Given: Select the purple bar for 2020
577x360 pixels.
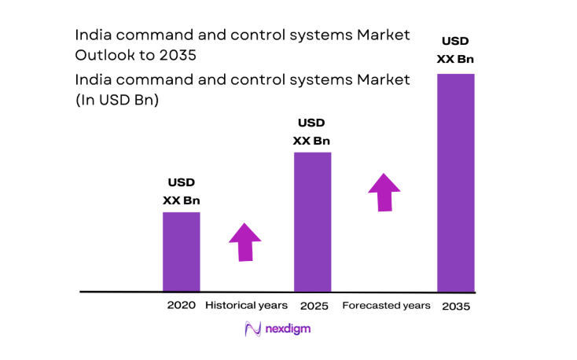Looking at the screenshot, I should click(181, 252).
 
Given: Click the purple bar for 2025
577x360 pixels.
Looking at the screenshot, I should click(312, 222).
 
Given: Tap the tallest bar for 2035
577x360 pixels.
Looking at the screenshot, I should click(455, 182).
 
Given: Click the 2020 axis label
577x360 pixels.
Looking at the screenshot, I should click(180, 305).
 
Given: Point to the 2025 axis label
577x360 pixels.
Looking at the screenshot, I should click(313, 305).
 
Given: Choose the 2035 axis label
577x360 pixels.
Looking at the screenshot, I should click(456, 306).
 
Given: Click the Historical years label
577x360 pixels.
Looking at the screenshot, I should click(246, 305).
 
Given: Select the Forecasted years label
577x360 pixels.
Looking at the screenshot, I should click(386, 305).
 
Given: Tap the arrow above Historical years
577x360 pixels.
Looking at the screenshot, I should click(245, 241).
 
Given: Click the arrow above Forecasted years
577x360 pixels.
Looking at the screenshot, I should click(384, 191).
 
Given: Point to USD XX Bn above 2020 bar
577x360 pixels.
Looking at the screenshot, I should click(181, 191).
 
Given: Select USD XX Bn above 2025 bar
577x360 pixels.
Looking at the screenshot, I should click(311, 132).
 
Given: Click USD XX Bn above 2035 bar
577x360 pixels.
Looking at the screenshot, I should click(455, 49).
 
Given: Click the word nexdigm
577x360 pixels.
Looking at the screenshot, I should click(288, 329).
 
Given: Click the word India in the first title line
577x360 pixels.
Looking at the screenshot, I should click(90, 35).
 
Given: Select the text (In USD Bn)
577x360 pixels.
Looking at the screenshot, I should click(117, 101).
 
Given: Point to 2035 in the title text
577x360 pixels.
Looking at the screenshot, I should click(177, 57).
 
